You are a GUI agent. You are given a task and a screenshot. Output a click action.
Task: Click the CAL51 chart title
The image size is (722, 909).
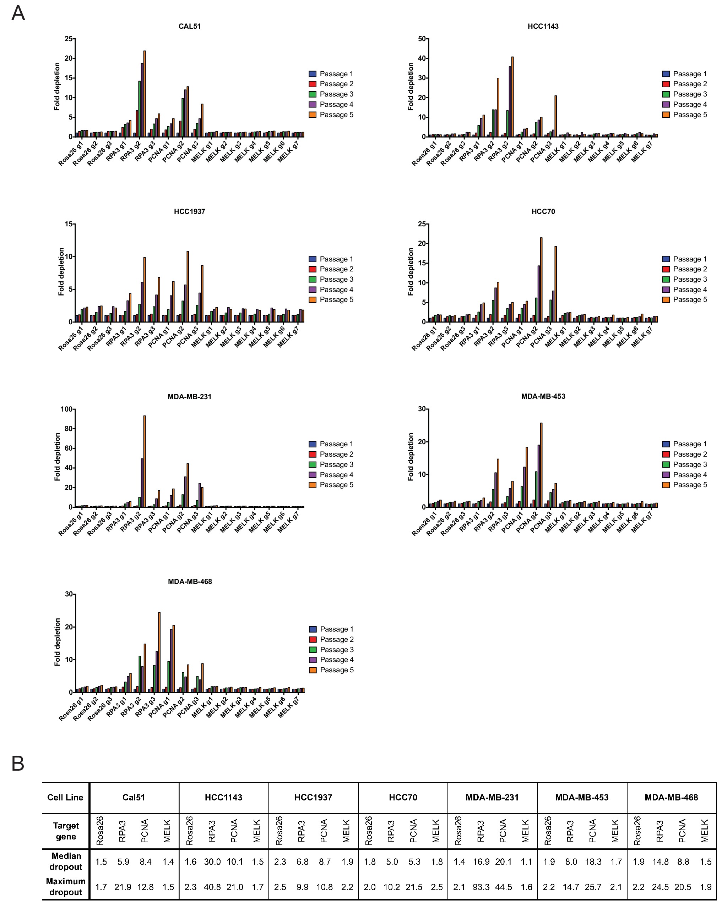point(189,26)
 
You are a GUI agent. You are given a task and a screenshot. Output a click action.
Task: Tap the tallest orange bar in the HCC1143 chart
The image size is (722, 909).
point(512,97)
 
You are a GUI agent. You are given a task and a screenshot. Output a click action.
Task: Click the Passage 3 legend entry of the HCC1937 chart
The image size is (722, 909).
point(331,279)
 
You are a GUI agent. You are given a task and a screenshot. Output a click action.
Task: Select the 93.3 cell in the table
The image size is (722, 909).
point(481,887)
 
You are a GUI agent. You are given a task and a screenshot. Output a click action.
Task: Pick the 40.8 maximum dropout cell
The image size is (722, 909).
point(212,887)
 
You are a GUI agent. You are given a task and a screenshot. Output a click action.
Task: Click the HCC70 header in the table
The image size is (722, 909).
point(403,797)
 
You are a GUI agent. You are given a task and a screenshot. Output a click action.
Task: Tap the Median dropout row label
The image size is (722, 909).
point(66,861)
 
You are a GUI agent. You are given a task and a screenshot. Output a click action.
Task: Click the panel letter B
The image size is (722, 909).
point(18,764)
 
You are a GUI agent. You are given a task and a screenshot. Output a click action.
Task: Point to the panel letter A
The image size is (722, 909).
point(18,13)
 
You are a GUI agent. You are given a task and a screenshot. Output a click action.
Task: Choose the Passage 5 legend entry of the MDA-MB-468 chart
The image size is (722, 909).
point(332,670)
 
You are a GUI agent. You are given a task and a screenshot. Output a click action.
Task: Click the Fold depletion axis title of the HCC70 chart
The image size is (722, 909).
point(411,271)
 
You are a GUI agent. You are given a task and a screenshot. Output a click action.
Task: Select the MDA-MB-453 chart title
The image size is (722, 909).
point(543,396)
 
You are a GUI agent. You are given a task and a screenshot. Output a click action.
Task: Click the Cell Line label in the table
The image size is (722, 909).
point(65,797)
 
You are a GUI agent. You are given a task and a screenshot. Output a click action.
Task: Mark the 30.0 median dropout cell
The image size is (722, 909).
point(212,862)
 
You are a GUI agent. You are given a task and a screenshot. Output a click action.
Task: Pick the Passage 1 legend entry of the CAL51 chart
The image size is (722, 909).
point(331,74)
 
